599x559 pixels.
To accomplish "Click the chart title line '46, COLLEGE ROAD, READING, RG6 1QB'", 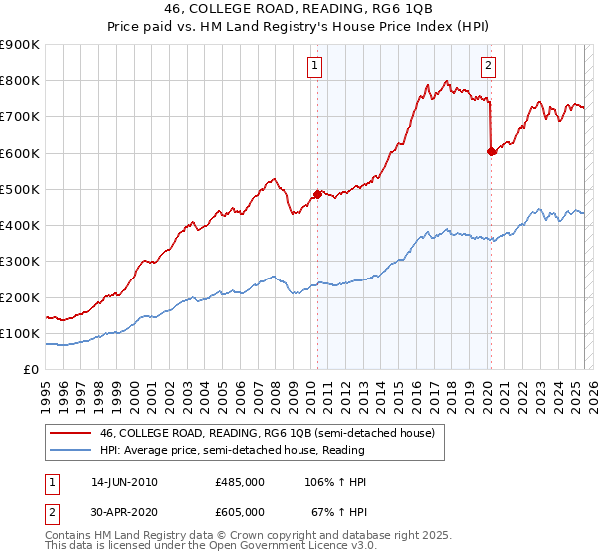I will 299,10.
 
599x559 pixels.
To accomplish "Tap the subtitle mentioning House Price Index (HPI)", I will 299,27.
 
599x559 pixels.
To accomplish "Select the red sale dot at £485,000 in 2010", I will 318,194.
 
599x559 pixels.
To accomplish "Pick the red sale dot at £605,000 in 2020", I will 491,151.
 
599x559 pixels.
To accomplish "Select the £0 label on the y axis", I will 31,370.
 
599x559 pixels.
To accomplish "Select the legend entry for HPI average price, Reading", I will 232,450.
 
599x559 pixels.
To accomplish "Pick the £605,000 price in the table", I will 240,511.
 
